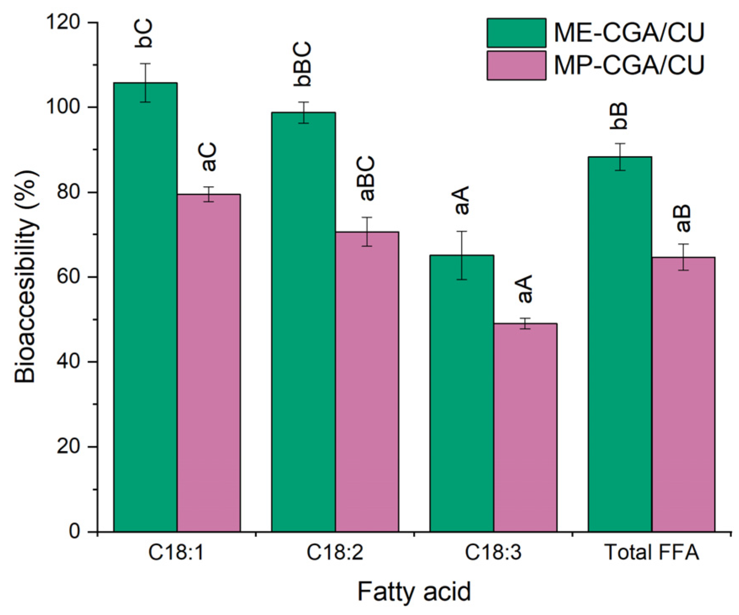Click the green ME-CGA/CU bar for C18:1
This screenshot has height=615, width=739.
coord(145,307)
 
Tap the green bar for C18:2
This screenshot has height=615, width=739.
coord(303,322)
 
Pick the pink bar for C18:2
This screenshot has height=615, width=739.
coord(367,381)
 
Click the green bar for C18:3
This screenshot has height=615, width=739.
coord(461,393)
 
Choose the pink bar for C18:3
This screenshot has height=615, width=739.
coord(525,427)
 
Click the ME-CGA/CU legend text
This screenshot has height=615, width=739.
coord(629,32)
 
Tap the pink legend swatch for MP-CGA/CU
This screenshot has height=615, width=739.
coord(516,65)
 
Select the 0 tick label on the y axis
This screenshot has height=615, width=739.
coord(75,532)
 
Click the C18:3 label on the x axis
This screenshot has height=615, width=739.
coord(493,552)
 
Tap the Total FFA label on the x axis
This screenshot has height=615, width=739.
coord(651,552)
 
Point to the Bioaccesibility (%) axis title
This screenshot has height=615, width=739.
coord(26,276)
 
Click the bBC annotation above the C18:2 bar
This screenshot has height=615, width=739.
coord(303,64)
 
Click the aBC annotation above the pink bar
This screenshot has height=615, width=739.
coord(367,178)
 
